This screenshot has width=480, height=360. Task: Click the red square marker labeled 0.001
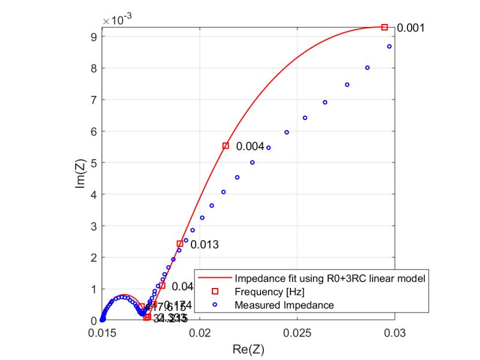385,27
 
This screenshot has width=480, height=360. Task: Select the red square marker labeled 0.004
226,146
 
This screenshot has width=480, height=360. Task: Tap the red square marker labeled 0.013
180,244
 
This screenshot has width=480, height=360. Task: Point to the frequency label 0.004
250,146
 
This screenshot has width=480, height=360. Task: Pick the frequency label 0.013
205,245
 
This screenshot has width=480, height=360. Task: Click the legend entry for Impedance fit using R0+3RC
330,278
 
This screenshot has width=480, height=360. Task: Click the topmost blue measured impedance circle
389,46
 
